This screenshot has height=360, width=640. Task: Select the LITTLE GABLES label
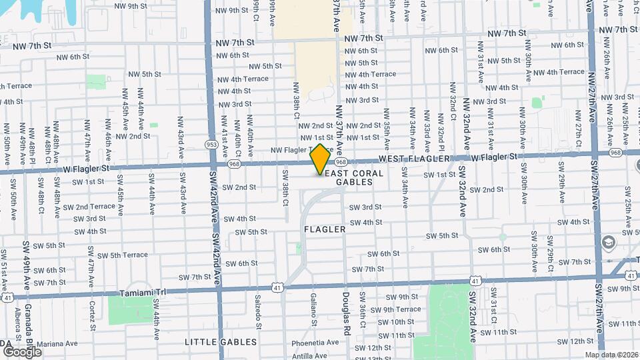click(x=221, y=342)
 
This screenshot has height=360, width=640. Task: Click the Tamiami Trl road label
click(x=142, y=293)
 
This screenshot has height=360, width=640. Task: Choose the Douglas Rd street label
click(x=347, y=313)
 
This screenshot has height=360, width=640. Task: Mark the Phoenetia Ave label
click(x=315, y=344)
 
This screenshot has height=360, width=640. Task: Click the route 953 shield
click(x=211, y=144)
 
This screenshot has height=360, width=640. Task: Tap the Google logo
click(x=22, y=351)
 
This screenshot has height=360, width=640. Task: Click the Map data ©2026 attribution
click(x=611, y=355)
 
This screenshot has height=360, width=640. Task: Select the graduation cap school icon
click(x=608, y=242)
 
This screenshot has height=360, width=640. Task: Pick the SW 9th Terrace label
click(x=396, y=309)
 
